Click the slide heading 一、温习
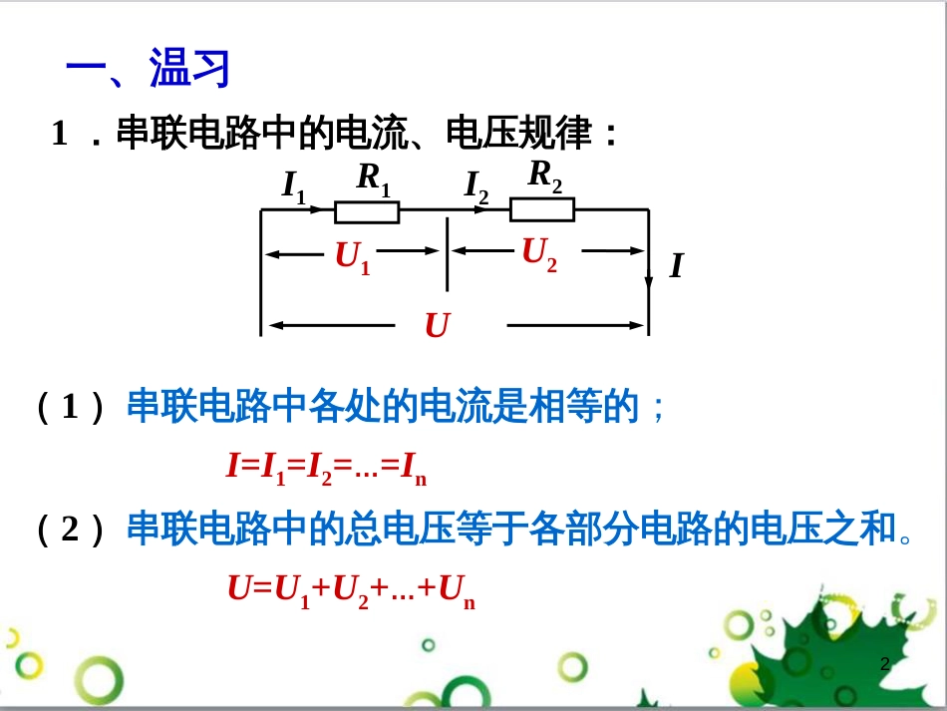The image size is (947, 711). point(148,70)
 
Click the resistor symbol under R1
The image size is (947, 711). point(367,211)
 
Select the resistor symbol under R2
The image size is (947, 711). point(542,209)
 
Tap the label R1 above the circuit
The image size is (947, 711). point(374,179)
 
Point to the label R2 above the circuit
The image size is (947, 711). point(545,176)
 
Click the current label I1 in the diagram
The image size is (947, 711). point(294,186)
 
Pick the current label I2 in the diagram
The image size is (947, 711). point(476,186)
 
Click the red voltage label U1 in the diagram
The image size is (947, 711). point(353,258)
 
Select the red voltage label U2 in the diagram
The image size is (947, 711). point(539,254)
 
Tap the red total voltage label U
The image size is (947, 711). point(437,325)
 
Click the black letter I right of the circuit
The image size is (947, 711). point(676,266)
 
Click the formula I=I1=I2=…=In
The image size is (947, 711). point(327,467)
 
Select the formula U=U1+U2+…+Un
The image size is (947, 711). point(352,590)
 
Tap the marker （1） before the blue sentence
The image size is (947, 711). point(70,408)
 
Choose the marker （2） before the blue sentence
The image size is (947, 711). point(70,530)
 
